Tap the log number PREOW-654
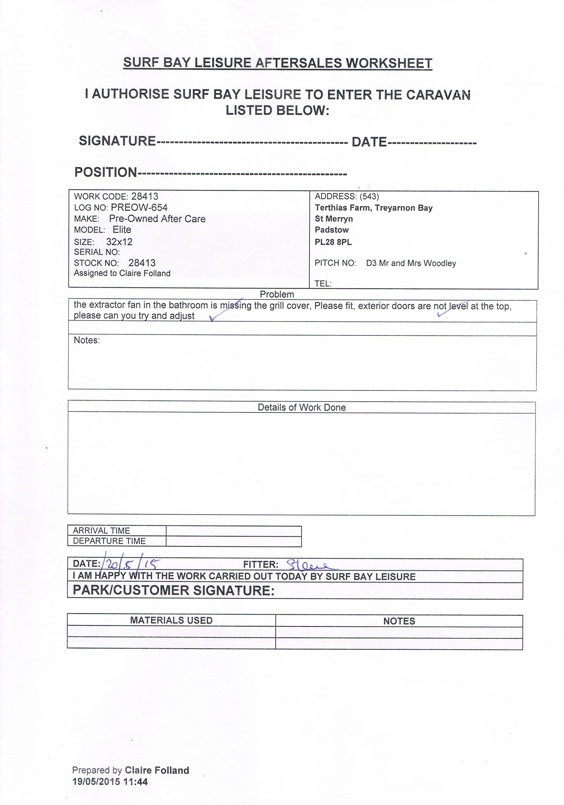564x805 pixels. point(139,208)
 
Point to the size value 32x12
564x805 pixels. point(119,242)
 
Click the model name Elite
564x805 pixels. point(122,230)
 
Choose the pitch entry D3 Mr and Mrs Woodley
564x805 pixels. point(411,263)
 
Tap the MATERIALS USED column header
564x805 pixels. point(171,620)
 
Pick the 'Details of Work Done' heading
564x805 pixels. point(302,407)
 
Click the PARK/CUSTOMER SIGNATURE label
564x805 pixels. point(173,590)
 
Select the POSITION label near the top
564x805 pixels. point(105,172)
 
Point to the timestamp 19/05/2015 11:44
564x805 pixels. point(110,782)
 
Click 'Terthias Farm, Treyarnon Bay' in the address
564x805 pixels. point(373,208)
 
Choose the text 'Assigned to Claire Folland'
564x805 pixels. point(122,273)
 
